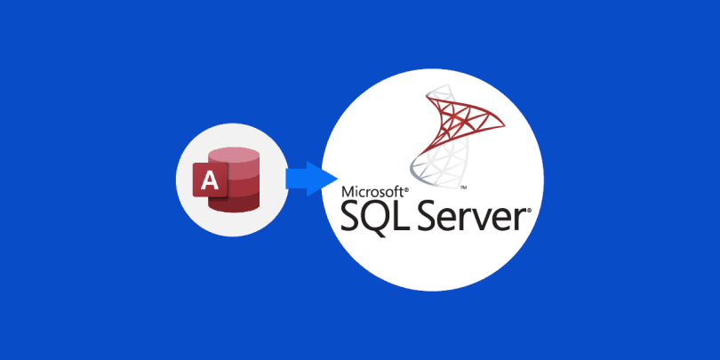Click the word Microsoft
coord(372,191)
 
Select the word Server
coord(478,216)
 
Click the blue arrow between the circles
coord(312,179)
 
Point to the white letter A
coord(211,180)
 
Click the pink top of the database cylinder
coord(234,156)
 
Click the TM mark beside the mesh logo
coord(464,188)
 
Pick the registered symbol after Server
coord(529,212)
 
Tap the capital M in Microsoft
coord(348,191)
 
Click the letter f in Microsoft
coord(395,191)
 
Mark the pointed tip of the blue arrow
coord(338,179)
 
